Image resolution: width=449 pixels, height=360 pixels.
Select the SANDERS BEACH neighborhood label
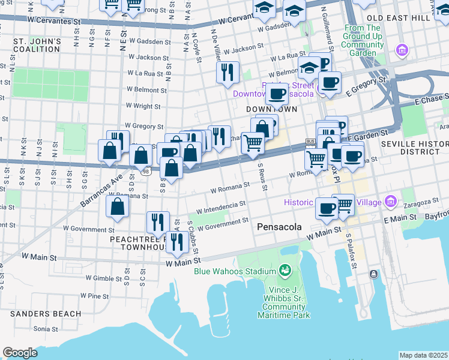pyautogui.click(x=46, y=314)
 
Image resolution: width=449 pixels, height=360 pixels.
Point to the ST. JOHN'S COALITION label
pyautogui.click(x=38, y=46)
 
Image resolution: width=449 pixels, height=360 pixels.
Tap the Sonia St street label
pyautogui.click(x=42, y=329)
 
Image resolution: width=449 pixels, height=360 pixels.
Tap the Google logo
pyautogui.click(x=20, y=353)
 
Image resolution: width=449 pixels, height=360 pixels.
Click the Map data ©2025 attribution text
pyautogui.click(x=423, y=355)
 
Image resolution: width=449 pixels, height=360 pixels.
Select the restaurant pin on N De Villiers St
pyautogui.click(x=228, y=73)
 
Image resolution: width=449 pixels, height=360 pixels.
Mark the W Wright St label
pyautogui.click(x=143, y=106)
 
